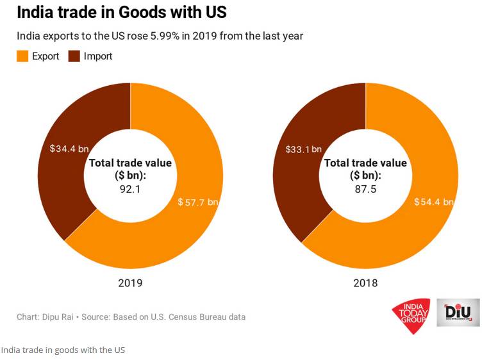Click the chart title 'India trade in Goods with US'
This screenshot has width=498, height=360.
[x=121, y=12]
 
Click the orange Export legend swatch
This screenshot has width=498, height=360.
[x=22, y=56]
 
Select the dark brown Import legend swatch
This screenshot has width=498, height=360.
[x=74, y=56]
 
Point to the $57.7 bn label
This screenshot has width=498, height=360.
[x=198, y=202]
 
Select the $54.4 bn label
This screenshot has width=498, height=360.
[x=433, y=202]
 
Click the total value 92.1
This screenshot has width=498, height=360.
[x=130, y=189]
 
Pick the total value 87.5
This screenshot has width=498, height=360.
[x=365, y=189]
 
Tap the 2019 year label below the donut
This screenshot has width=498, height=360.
[x=130, y=282]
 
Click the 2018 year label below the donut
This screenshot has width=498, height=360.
[x=365, y=282]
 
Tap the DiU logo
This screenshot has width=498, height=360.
[x=458, y=313]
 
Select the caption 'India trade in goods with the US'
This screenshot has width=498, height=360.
[x=63, y=350]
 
